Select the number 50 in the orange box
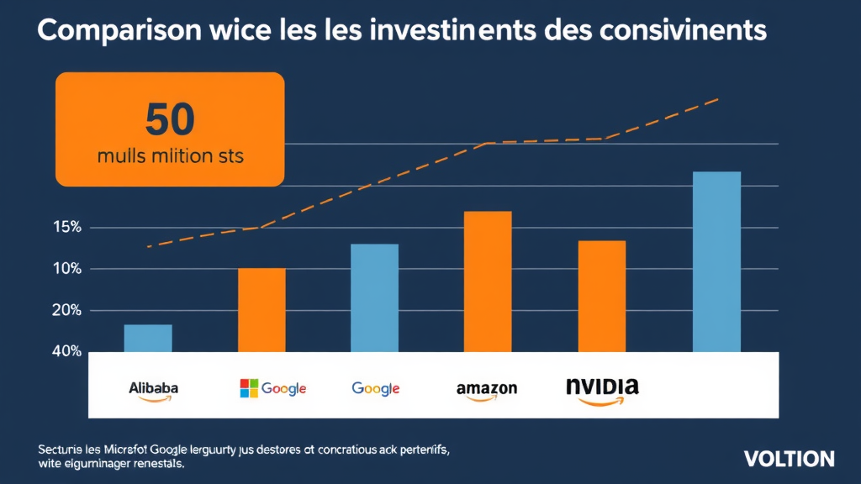click(170, 119)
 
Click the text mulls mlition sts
click(170, 156)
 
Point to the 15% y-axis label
click(66, 228)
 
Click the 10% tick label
click(66, 269)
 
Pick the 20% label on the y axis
click(66, 310)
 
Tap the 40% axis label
click(66, 351)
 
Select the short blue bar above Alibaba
click(148, 338)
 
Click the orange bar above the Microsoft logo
click(261, 309)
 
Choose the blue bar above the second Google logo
click(374, 297)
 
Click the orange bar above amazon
click(488, 281)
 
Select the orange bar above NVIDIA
click(602, 296)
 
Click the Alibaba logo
click(153, 389)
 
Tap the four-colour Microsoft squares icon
click(249, 388)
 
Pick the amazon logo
click(486, 390)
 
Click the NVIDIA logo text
click(602, 387)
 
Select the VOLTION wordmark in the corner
click(789, 459)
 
